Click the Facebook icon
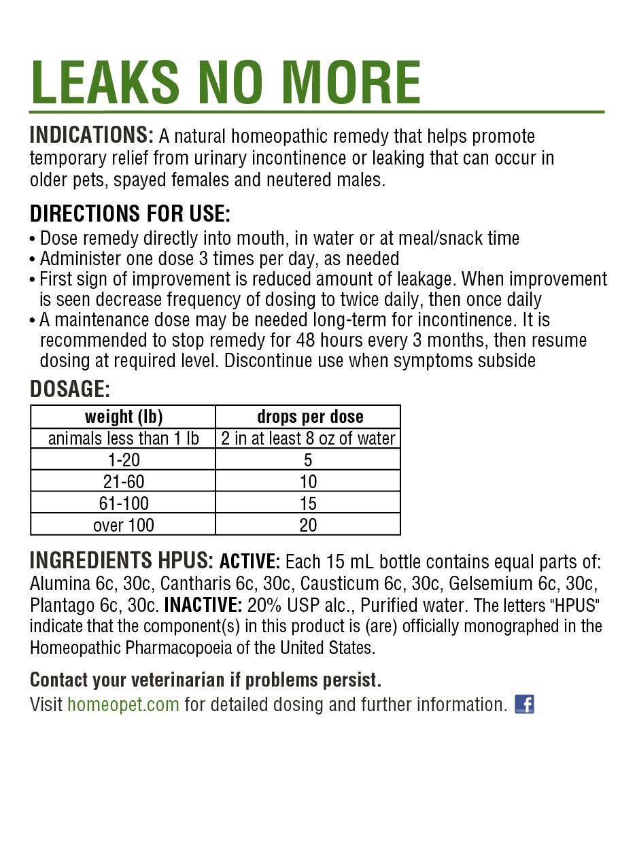tap(524, 704)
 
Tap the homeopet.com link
tap(123, 704)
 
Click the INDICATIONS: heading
tap(92, 135)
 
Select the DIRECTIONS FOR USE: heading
tap(130, 214)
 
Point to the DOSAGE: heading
tap(69, 390)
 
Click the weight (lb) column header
tap(123, 417)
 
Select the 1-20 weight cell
tap(123, 460)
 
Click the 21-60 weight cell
tap(123, 482)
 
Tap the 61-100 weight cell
tap(123, 504)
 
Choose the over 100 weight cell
tap(123, 525)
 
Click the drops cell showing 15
tap(308, 504)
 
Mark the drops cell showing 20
tap(308, 525)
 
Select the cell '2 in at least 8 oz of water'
tap(308, 438)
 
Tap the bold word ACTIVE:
tap(249, 562)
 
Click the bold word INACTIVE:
tap(203, 605)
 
